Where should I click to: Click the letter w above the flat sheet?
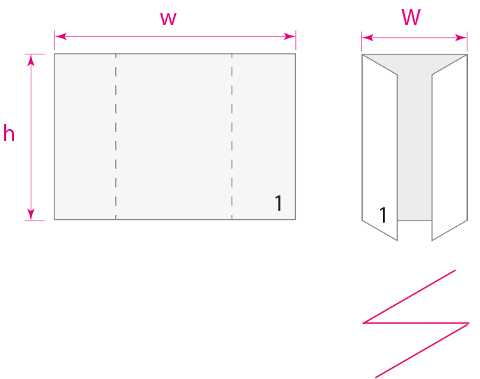pyautogui.click(x=168, y=19)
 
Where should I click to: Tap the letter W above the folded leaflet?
pyautogui.click(x=411, y=17)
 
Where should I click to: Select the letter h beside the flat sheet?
pyautogui.click(x=8, y=133)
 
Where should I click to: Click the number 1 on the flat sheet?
pyautogui.click(x=278, y=204)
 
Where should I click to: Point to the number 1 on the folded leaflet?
pyautogui.click(x=382, y=216)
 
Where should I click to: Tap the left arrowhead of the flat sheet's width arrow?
pyautogui.click(x=59, y=36)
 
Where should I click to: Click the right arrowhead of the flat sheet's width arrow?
pyautogui.click(x=292, y=36)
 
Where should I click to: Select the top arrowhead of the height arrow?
pyautogui.click(x=31, y=59)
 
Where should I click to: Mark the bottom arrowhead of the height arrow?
pyautogui.click(x=31, y=215)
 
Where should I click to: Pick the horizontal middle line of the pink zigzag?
pyautogui.click(x=416, y=323)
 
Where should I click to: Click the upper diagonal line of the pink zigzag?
pyautogui.click(x=409, y=297)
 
